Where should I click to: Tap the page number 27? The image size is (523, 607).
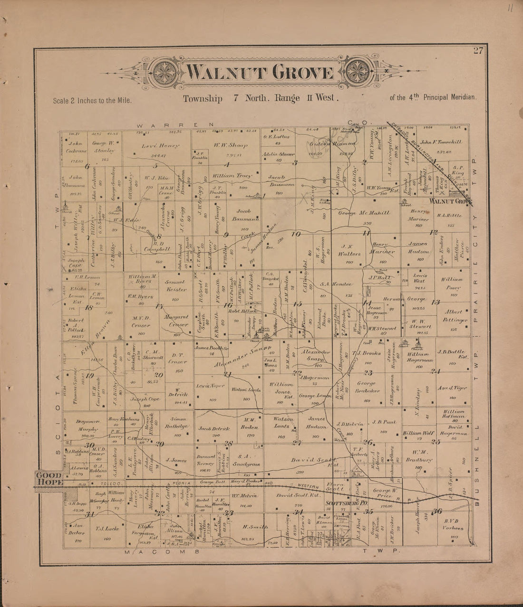478,51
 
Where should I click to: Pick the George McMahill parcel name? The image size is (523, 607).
364,213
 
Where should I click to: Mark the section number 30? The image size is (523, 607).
89,446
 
